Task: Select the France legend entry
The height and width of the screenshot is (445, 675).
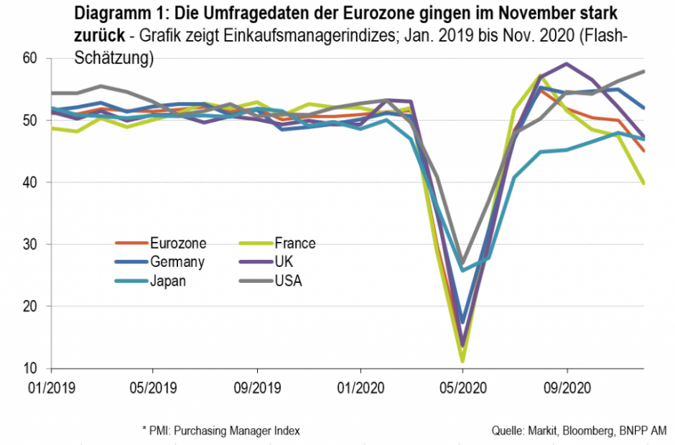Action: click(294, 243)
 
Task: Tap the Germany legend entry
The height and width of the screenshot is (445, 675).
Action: click(176, 262)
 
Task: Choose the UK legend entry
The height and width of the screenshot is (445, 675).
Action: click(284, 262)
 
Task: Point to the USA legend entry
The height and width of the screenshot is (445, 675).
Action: click(288, 281)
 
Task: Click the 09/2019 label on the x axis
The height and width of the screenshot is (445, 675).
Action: click(257, 387)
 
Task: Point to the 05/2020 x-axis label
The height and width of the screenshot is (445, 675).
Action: click(463, 387)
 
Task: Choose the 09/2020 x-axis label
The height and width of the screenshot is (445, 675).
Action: click(567, 387)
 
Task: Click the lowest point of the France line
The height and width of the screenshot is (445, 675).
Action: click(463, 361)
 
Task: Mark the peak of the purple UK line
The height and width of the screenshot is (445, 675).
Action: click(567, 64)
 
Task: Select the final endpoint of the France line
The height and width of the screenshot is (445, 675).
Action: click(644, 184)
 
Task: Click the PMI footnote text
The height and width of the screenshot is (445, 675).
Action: click(220, 431)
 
